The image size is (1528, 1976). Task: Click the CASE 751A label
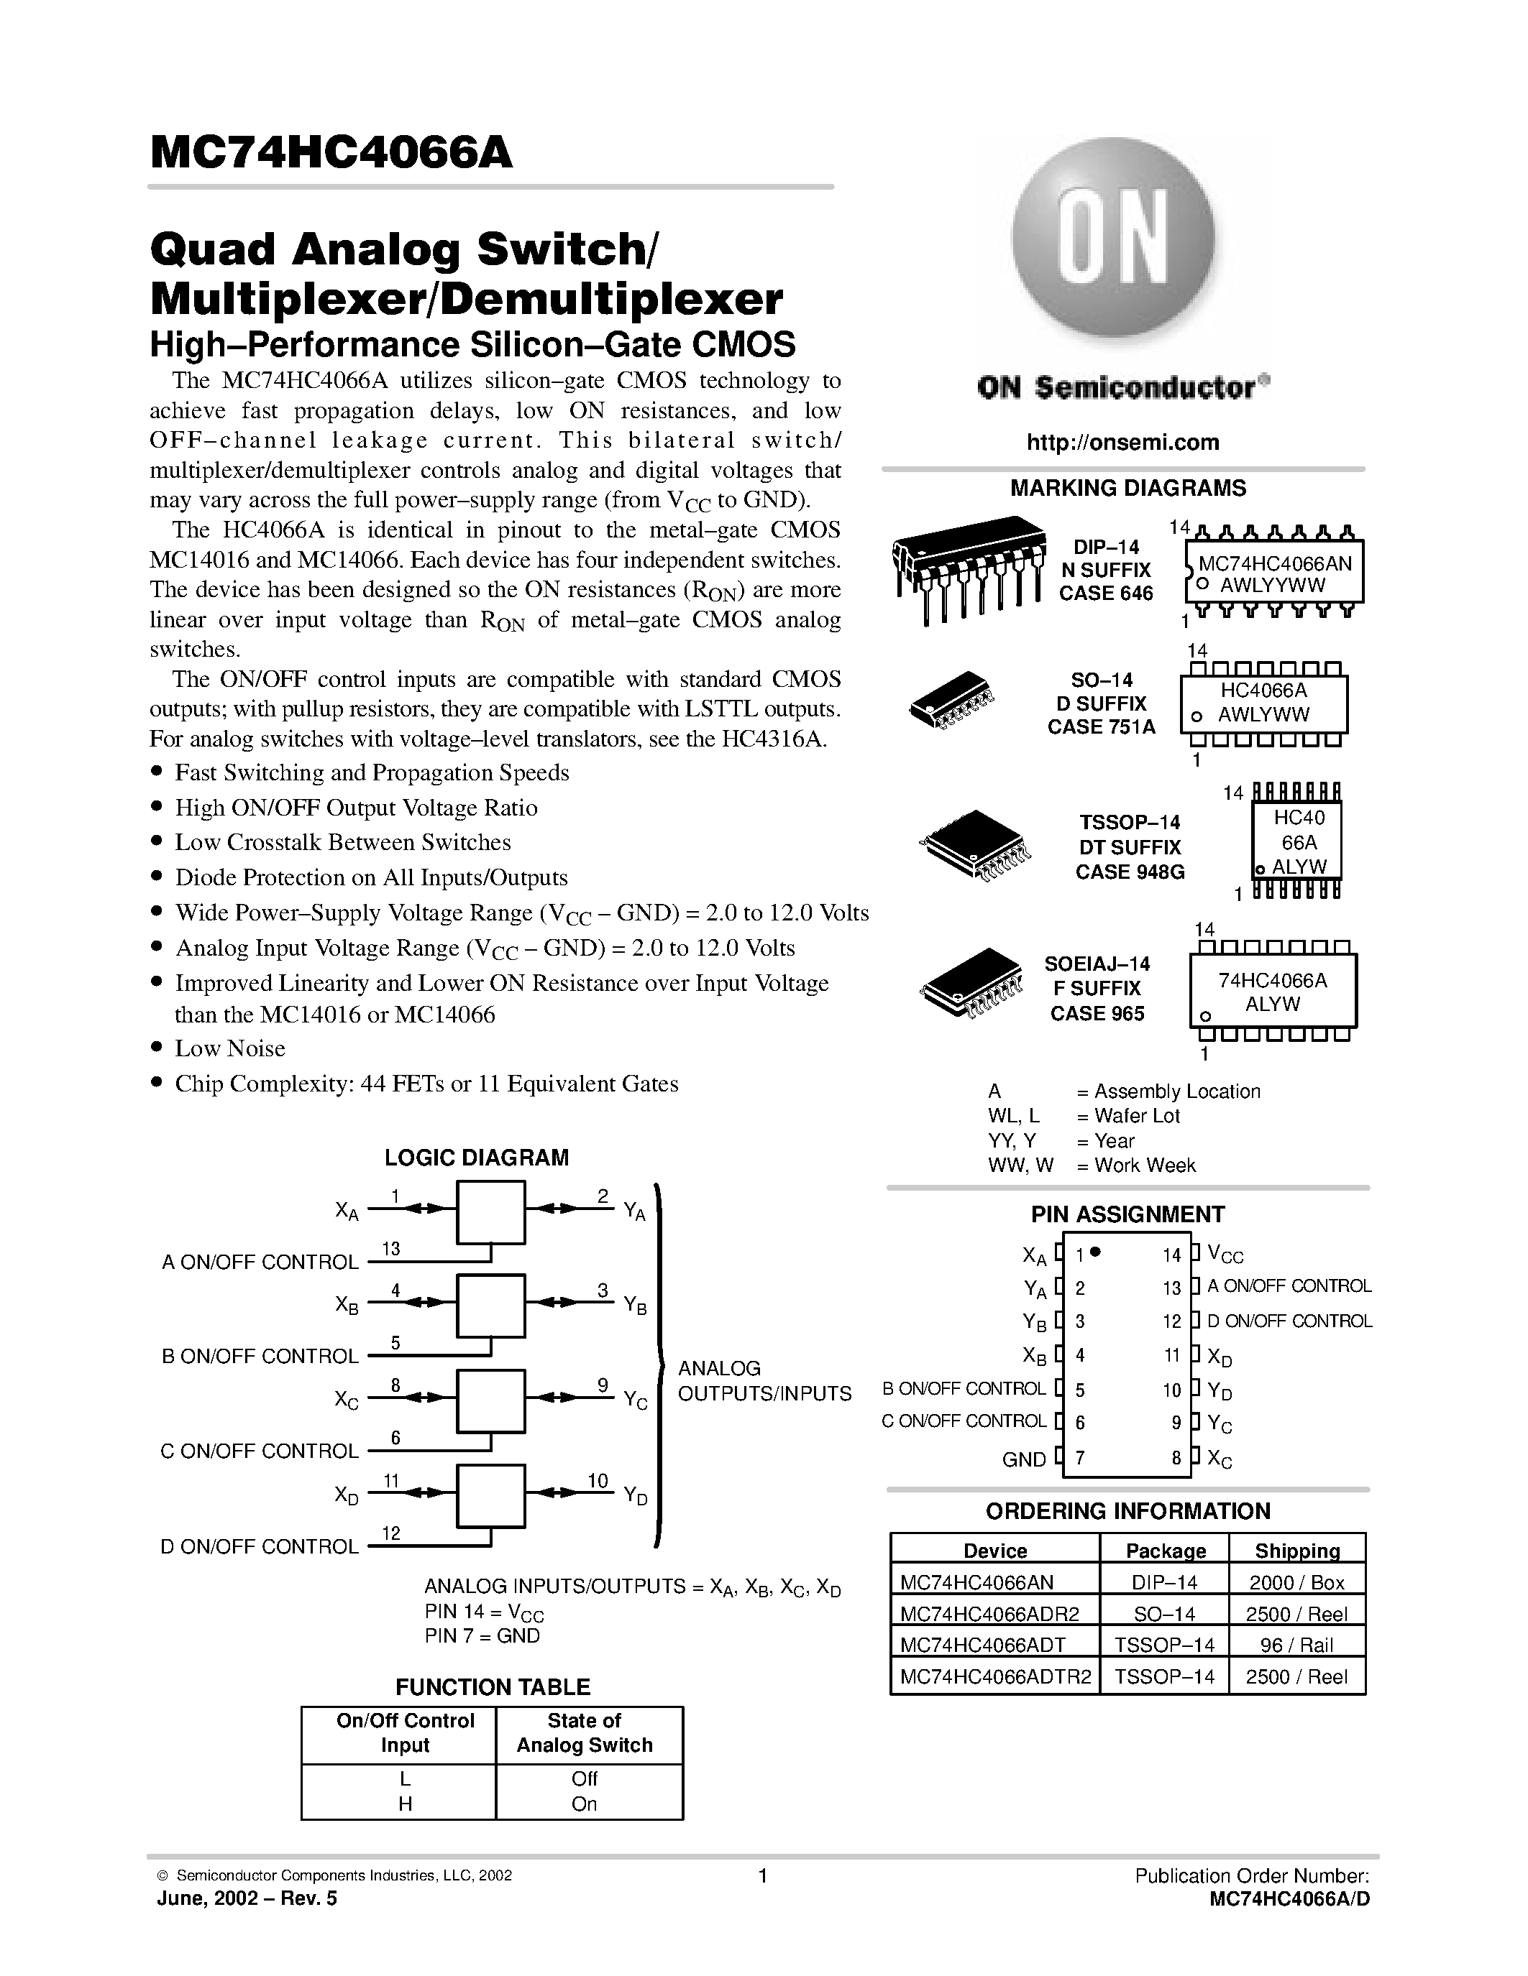point(1101,726)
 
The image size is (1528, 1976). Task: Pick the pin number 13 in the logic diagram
point(391,1249)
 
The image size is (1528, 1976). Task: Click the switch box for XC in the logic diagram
point(490,1400)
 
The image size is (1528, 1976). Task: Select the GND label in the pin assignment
point(1024,1459)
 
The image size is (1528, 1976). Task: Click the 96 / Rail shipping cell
point(1296,1645)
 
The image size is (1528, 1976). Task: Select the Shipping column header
point(1296,1551)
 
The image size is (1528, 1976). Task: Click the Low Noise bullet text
point(230,1048)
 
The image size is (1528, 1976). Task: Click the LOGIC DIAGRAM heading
point(476,1157)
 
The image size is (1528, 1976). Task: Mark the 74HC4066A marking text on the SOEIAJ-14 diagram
point(1272,981)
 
